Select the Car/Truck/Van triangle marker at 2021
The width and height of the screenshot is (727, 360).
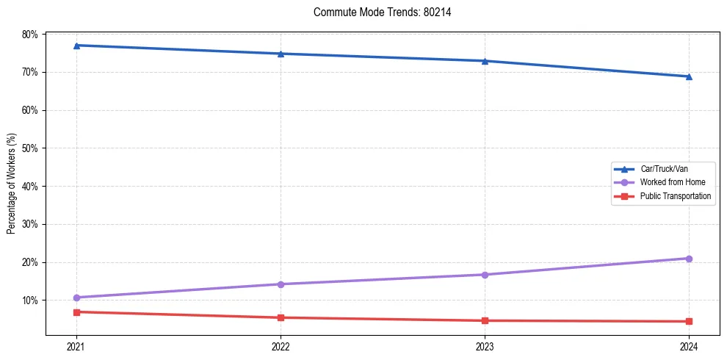coord(76,46)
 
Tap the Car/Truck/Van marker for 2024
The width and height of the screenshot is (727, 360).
coord(689,76)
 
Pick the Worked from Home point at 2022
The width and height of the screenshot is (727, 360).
coord(281,284)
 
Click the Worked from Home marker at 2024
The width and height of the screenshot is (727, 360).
coord(689,259)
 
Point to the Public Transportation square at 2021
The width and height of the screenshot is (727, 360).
coord(76,312)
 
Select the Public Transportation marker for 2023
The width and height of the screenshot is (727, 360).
coord(485,320)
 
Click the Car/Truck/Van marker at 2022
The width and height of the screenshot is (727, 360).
coord(281,54)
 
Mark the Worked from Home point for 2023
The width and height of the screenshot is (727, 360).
coord(485,275)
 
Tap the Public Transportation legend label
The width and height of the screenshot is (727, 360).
coord(675,196)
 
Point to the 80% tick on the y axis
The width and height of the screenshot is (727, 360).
coord(30,35)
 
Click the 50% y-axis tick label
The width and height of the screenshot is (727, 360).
coord(30,148)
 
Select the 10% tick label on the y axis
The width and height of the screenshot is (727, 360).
coord(30,300)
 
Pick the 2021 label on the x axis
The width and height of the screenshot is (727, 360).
coord(76,346)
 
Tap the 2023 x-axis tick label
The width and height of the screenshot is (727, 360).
coord(485,346)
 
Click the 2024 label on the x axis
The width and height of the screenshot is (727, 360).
coord(689,346)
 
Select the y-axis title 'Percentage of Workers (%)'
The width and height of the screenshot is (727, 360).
coord(11,184)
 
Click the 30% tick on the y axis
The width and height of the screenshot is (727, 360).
coord(30,224)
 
